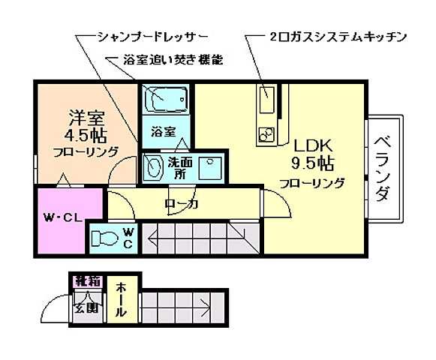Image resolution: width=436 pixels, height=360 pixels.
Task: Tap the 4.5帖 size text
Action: (x=85, y=136)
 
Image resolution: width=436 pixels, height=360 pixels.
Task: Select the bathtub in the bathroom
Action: (x=164, y=100)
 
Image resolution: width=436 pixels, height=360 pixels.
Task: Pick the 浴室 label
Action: (x=163, y=132)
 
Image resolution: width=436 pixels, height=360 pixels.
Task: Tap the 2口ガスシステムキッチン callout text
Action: (x=337, y=35)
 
